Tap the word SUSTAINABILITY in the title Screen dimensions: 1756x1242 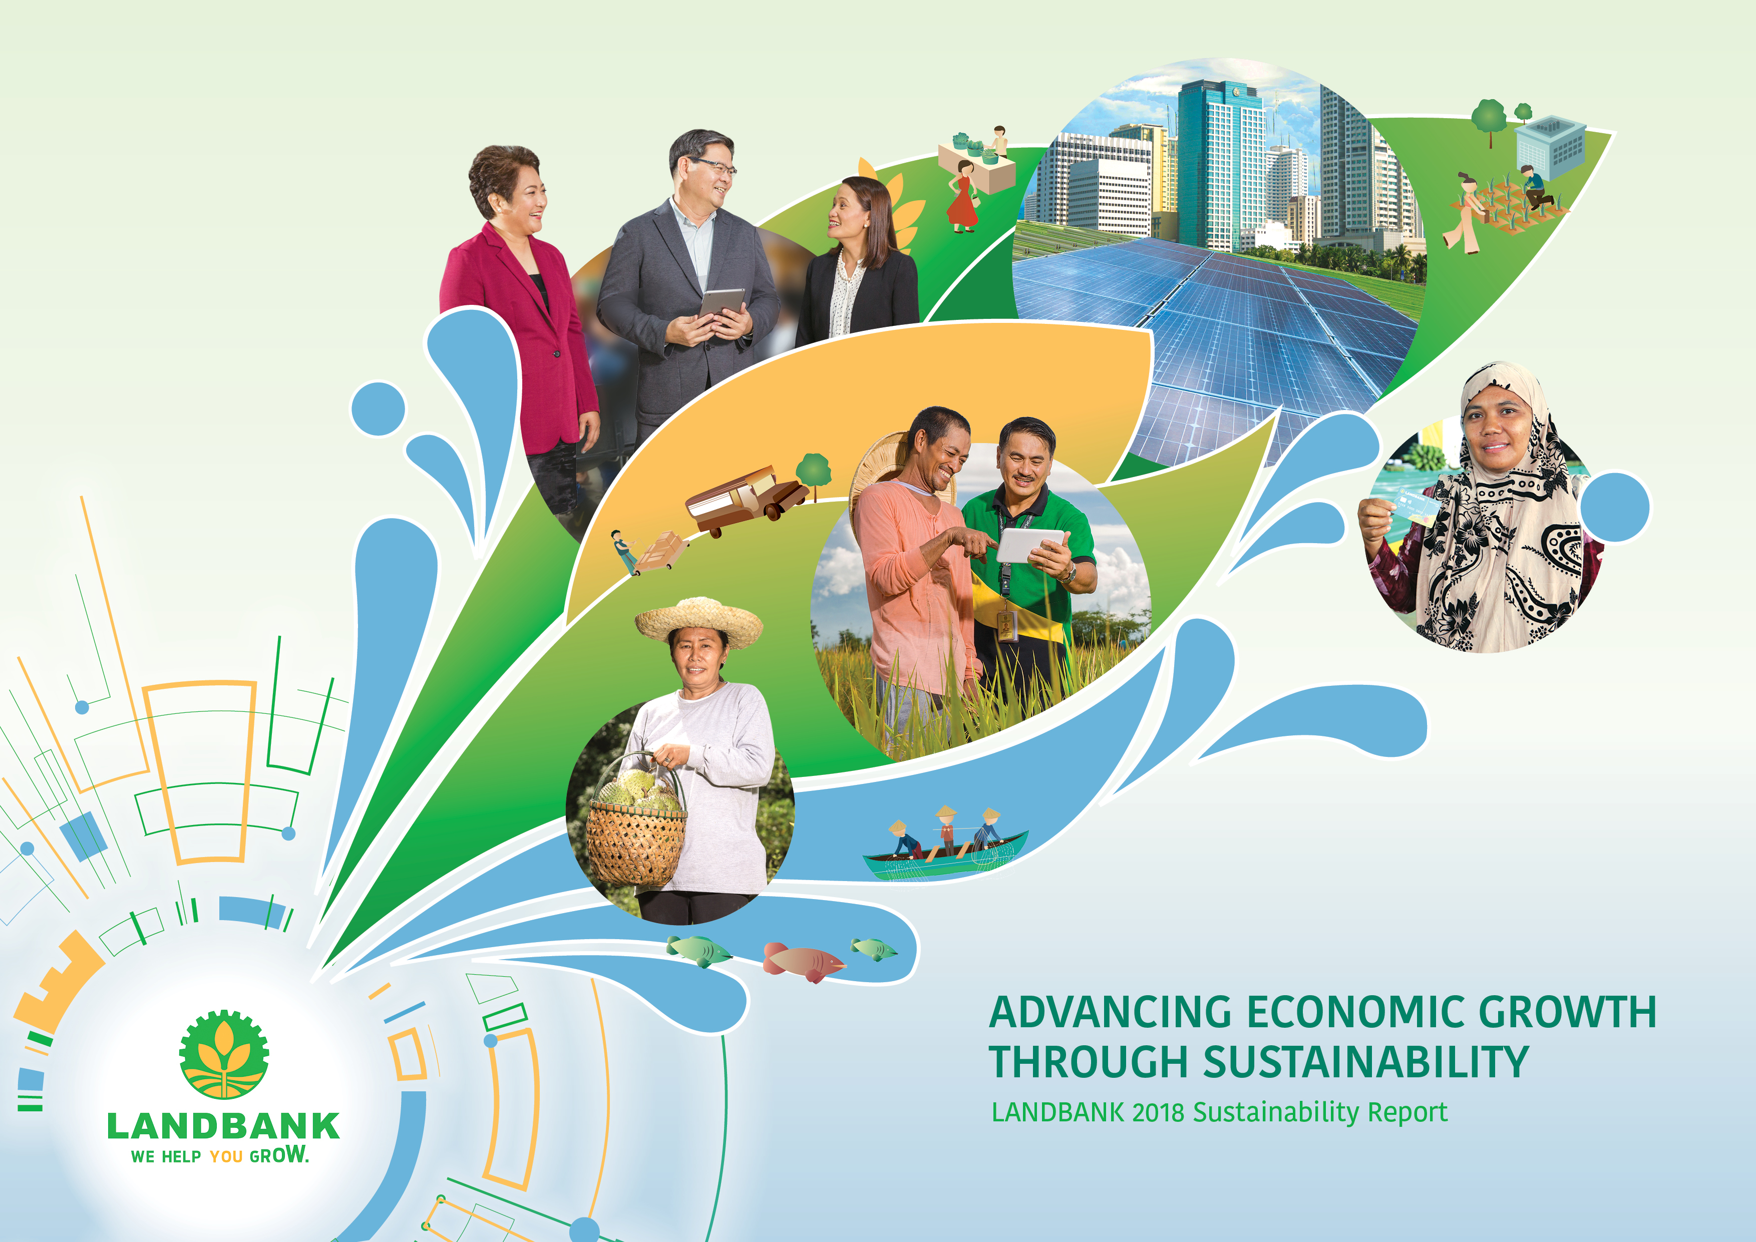[x=1365, y=1062]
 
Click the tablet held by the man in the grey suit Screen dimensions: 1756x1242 [x=721, y=304]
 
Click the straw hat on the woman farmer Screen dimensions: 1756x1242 [x=698, y=621]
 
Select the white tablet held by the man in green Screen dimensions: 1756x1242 [x=1030, y=545]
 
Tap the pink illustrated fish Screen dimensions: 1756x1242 [x=803, y=961]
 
